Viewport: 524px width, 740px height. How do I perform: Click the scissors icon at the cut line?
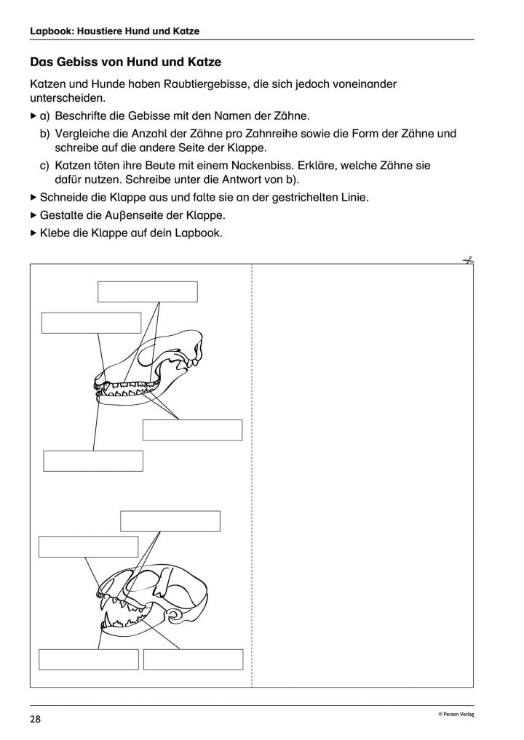coord(469,260)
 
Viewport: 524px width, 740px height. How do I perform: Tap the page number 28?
coord(36,720)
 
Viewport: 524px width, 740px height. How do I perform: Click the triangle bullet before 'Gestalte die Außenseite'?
coord(33,215)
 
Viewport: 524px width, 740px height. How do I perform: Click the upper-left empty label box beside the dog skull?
coord(91,323)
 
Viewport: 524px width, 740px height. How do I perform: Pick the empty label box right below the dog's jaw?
coord(192,430)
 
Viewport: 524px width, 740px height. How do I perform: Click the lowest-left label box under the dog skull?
coord(93,461)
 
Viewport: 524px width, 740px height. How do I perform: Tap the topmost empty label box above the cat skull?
coord(170,521)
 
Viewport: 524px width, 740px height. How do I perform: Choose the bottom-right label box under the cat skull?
coord(193,659)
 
